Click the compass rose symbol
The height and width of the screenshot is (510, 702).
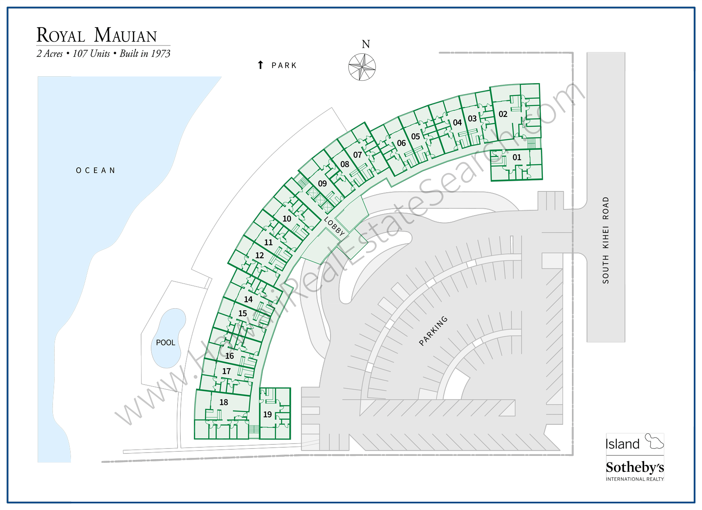pos(362,67)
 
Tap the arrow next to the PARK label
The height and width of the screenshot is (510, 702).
pos(260,65)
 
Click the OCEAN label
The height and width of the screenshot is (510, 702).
pos(96,171)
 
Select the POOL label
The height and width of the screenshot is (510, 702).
pos(166,343)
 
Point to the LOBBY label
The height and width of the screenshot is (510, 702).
pos(334,226)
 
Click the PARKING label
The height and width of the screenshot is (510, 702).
pos(433,331)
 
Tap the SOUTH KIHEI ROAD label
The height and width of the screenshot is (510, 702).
pos(606,240)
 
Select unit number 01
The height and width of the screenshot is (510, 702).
pos(517,157)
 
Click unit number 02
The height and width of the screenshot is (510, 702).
pos(503,114)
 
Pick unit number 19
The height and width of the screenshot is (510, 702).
pos(267,414)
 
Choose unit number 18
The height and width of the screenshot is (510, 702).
pos(223,402)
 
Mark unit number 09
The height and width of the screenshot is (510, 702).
pos(322,184)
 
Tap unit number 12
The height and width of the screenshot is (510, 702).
pos(260,255)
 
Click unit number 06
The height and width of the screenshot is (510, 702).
pos(401,143)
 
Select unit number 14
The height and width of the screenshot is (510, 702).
pos(248,299)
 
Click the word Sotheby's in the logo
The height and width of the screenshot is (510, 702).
pos(635,467)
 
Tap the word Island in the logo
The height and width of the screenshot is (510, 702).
pos(622,444)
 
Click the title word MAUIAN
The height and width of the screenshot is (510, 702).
pos(125,36)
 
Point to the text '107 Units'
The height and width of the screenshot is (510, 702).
pos(91,54)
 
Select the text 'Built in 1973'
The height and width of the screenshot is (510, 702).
pos(145,54)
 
